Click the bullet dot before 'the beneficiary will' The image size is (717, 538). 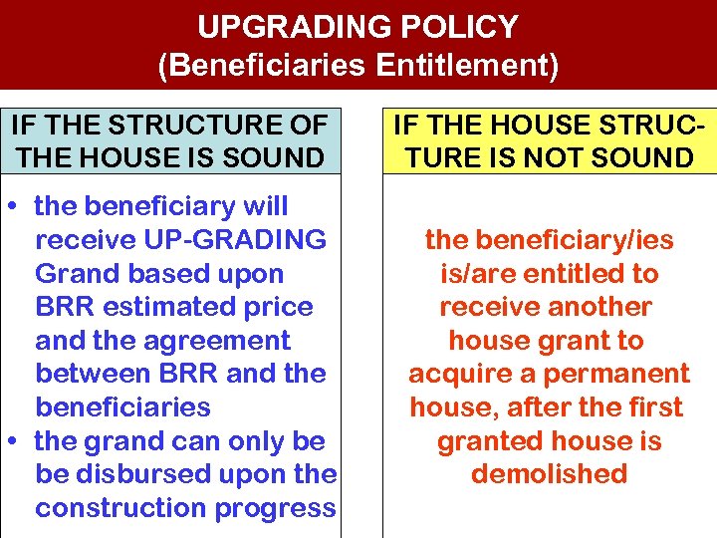[20, 206]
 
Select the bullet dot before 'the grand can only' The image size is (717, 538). [20, 440]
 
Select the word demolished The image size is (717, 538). [549, 474]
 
